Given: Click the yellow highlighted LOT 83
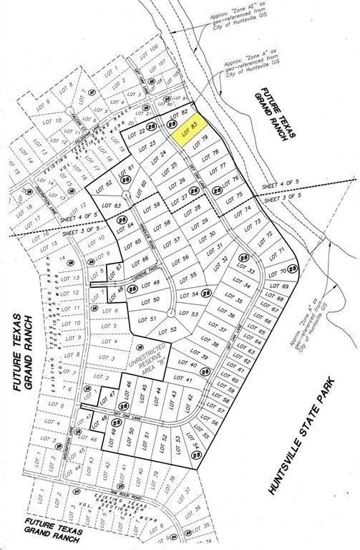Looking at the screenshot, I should coord(190,131).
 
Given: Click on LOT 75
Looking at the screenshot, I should coord(242,196).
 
